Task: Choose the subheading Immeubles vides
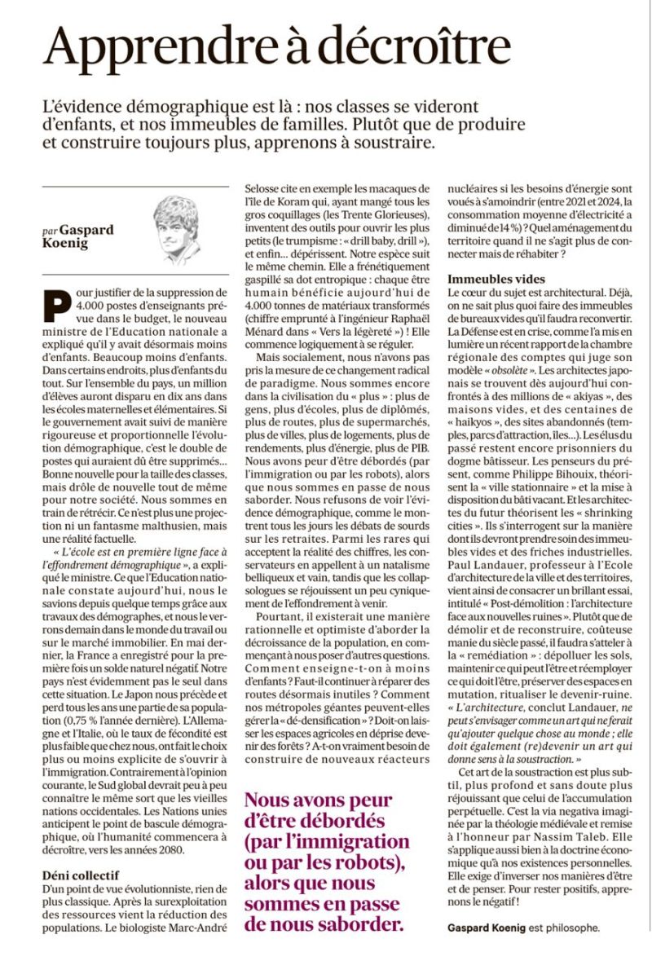coord(497,279)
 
